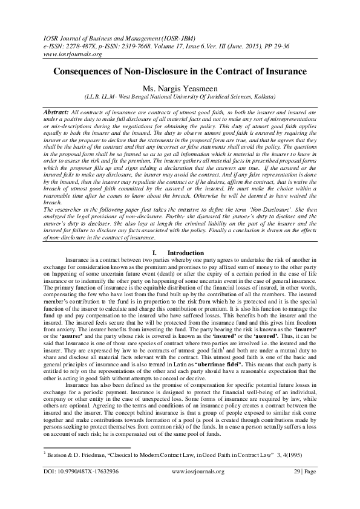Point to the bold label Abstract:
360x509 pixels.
tap(56, 113)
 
